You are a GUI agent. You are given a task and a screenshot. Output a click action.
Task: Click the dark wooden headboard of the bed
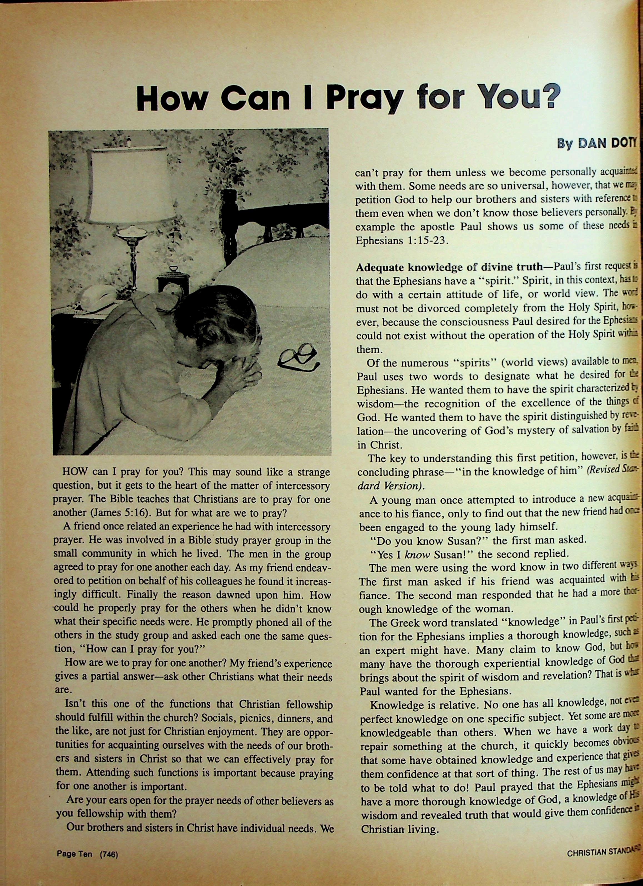point(274,219)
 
